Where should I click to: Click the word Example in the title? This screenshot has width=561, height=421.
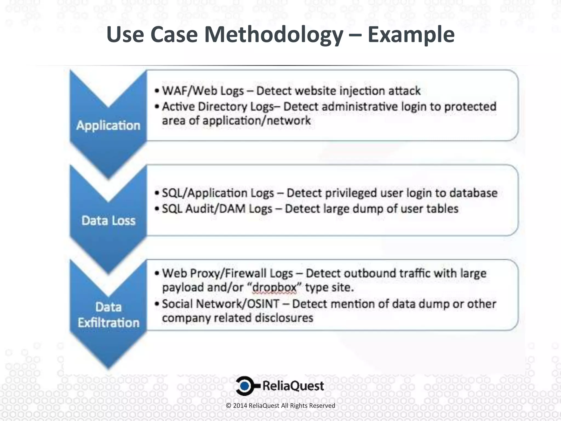411,35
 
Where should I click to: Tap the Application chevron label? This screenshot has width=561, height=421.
108,126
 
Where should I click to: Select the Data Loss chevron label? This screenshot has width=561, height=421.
108,221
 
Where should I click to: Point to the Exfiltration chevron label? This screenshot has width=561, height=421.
108,323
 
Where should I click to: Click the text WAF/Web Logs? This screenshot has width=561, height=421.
203,91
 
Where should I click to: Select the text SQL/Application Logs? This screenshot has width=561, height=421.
218,193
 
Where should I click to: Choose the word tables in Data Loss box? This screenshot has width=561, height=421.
442,209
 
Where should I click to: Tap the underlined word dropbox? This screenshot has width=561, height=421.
274,288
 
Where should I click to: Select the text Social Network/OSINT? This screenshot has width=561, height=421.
221,304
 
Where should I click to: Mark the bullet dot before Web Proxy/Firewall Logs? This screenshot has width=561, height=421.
157,274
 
